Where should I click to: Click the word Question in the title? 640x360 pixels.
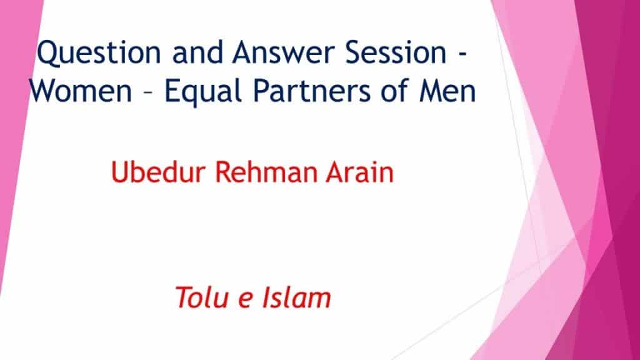[x=99, y=53]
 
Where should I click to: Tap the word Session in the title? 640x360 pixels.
[x=396, y=52]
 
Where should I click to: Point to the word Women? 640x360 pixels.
[x=81, y=90]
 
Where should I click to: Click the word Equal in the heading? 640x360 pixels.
[x=204, y=91]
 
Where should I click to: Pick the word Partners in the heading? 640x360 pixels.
[x=312, y=90]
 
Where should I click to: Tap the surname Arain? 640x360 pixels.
[x=359, y=171]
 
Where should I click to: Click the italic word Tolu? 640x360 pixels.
[x=202, y=297]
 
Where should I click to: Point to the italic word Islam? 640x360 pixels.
[x=296, y=297]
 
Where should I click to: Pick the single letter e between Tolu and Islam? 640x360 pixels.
[x=245, y=300]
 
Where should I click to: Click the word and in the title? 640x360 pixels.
[x=197, y=52]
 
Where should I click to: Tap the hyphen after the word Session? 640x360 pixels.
[x=462, y=55]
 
